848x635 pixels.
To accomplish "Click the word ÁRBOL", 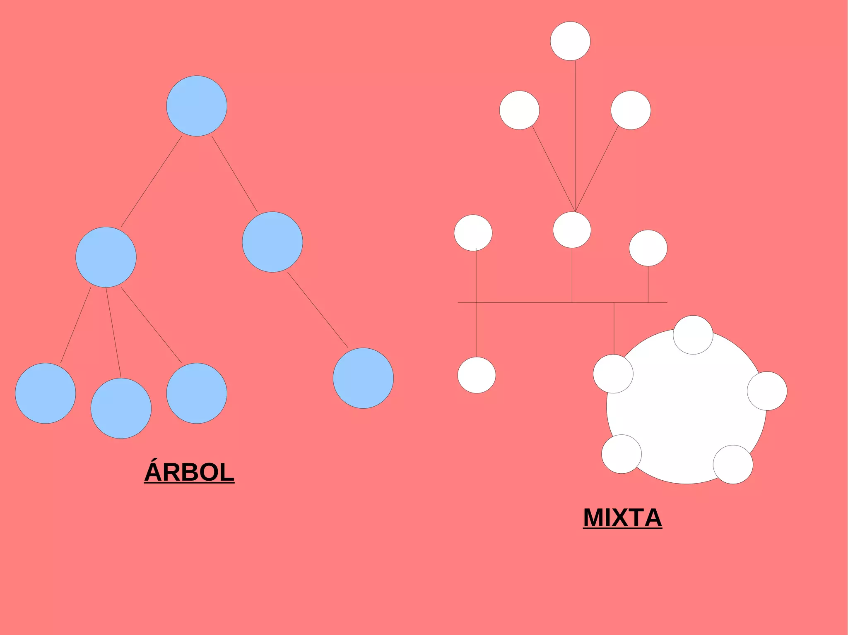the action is (189, 472).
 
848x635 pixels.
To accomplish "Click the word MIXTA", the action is (622, 518).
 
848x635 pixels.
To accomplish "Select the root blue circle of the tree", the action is (197, 106).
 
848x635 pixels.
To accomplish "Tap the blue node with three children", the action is (106, 257).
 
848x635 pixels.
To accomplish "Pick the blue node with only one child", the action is (272, 242).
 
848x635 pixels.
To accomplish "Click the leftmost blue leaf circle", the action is (46, 393).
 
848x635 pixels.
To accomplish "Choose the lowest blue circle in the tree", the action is (121, 408).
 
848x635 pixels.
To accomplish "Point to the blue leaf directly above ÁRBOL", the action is (197, 393).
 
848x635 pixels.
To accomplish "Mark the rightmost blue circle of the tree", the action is (363, 378).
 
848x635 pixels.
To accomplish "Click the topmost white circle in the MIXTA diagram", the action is (570, 41).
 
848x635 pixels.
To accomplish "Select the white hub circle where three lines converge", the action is (572, 230).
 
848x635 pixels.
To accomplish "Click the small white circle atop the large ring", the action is (693, 335).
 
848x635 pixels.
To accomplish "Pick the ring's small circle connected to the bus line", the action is (613, 374).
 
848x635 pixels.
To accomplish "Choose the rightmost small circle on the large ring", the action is (767, 391).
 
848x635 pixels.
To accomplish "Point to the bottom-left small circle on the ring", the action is (622, 454).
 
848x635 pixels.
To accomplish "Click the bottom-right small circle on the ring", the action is (732, 464).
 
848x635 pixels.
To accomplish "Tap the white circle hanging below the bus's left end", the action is (477, 375).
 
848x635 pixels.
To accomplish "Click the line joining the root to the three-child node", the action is (151, 182).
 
